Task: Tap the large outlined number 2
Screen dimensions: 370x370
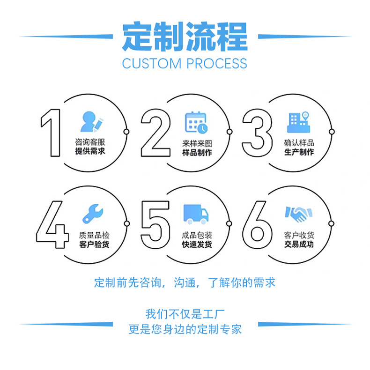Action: coord(155,133)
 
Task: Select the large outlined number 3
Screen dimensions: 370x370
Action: coord(257,133)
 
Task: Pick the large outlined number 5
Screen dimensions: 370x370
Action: coord(155,224)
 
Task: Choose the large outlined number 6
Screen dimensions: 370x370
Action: coord(258,224)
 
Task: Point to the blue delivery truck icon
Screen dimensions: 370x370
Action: coord(196,214)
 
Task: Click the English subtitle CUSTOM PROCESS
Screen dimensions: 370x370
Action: coord(185,63)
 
